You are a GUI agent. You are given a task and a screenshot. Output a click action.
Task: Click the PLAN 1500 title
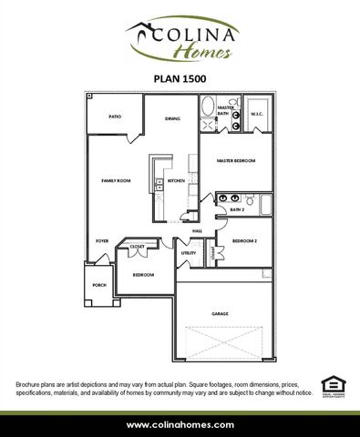pyautogui.click(x=180, y=78)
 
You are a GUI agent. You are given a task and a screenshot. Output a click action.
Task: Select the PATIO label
pyautogui.click(x=115, y=117)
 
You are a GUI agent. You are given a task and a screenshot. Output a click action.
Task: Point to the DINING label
pyautogui.click(x=172, y=118)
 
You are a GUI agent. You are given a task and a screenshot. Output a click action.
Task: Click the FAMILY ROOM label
pyautogui.click(x=117, y=181)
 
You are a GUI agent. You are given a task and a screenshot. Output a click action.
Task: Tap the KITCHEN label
pyautogui.click(x=176, y=181)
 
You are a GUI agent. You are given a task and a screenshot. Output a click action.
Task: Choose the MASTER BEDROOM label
pyautogui.click(x=235, y=160)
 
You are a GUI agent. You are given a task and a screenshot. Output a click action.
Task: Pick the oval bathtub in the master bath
pyautogui.click(x=209, y=107)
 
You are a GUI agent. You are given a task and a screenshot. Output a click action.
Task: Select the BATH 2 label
pyautogui.click(x=237, y=208)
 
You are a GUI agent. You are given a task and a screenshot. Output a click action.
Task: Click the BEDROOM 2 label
pyautogui.click(x=244, y=240)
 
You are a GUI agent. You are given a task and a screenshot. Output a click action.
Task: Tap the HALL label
pyautogui.click(x=197, y=231)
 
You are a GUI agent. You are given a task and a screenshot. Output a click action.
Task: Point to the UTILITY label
pyautogui.click(x=189, y=252)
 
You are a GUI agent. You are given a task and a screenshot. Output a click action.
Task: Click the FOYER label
pyautogui.click(x=103, y=240)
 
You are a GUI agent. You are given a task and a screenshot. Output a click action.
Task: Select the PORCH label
pyautogui.click(x=99, y=285)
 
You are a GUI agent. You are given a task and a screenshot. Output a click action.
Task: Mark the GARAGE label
pyautogui.click(x=220, y=314)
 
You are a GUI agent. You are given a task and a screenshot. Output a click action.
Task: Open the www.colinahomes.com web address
pyautogui.click(x=180, y=424)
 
